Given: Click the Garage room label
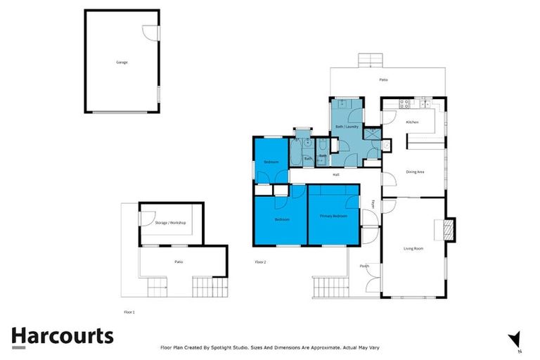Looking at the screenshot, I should (x=122, y=62).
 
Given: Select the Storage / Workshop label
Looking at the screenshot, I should (x=170, y=223).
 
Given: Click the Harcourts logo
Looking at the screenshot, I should (x=62, y=336).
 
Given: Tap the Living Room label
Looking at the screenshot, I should (x=413, y=249).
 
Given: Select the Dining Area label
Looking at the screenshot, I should (x=416, y=172).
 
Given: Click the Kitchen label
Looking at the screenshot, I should (x=412, y=122).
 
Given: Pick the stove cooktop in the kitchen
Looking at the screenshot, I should (x=405, y=105).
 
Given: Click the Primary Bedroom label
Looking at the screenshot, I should (x=333, y=216).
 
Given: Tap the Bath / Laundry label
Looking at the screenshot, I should (x=347, y=127).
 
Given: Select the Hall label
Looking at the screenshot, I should (x=336, y=174).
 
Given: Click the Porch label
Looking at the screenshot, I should (x=364, y=266).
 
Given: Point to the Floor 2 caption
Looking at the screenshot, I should (x=260, y=262).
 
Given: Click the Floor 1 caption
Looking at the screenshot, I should (x=129, y=310).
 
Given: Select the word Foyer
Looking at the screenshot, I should (x=373, y=205).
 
